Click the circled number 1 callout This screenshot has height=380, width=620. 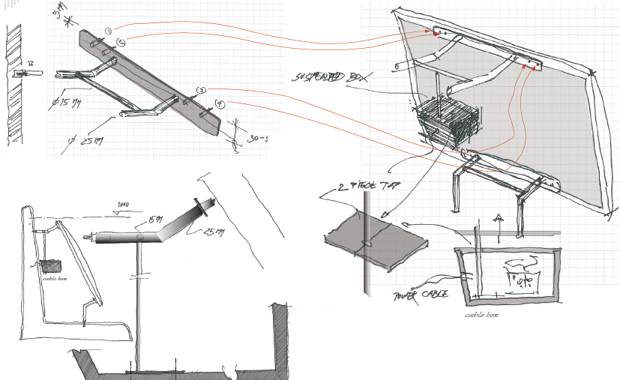click(x=109, y=31)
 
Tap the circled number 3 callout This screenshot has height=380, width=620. click(x=201, y=90)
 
